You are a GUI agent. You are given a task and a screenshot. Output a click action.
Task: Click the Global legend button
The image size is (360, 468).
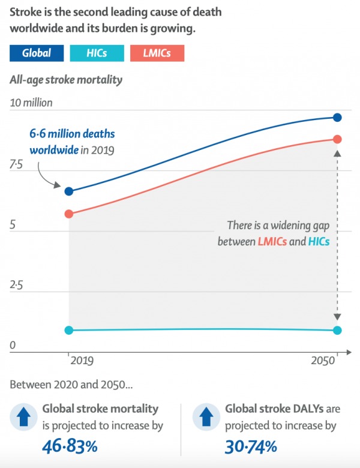[37, 53]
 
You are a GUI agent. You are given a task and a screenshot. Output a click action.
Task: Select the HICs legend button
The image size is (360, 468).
[97, 53]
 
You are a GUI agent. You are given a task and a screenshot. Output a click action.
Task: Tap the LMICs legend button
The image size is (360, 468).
[157, 53]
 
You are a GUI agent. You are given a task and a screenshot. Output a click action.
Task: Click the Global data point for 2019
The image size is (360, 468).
[69, 191]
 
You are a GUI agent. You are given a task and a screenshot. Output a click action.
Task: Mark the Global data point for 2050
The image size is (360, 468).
[337, 117]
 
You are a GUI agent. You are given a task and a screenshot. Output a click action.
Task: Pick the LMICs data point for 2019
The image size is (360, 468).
[69, 214]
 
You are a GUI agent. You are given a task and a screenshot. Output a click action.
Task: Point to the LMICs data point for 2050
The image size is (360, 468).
[337, 139]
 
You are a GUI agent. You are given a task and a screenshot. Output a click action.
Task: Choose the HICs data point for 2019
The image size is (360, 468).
[69, 330]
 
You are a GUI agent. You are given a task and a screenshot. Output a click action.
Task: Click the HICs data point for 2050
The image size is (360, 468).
[337, 330]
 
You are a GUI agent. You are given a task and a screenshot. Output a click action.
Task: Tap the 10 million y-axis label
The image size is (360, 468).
[31, 103]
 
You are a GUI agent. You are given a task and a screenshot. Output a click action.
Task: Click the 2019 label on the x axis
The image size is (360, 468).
[82, 361]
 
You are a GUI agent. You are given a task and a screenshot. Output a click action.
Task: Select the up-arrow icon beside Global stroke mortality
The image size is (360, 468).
[23, 418]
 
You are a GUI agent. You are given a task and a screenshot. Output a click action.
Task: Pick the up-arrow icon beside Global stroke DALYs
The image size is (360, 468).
[206, 418]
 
